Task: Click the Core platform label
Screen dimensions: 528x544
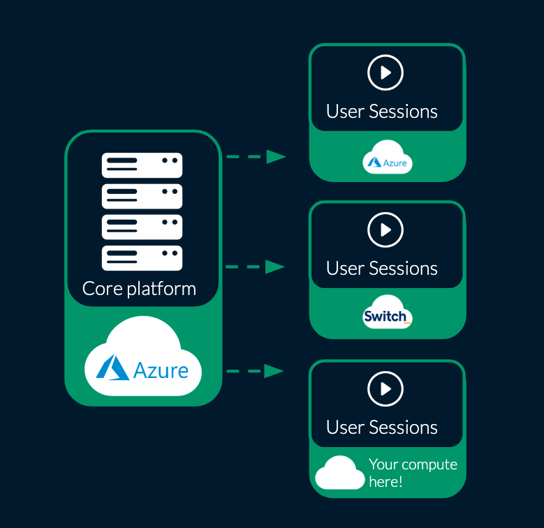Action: coord(139,288)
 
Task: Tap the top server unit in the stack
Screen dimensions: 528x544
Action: coord(142,165)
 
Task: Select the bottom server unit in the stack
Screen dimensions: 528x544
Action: coord(142,258)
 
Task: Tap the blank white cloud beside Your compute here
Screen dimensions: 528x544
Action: coord(340,474)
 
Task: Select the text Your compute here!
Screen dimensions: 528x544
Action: coord(413,473)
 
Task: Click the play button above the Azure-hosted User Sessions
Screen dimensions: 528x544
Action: coord(385,73)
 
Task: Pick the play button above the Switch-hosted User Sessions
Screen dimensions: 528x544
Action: coord(385,229)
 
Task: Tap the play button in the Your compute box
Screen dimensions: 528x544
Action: coord(385,389)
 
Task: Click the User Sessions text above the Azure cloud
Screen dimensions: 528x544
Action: coord(382,112)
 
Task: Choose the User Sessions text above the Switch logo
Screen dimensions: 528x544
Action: coord(382,269)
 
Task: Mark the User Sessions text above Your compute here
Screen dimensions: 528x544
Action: coord(382,428)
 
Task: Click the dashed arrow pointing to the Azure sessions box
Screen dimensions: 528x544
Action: coord(256,157)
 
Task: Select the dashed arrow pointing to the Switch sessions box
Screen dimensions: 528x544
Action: coord(256,266)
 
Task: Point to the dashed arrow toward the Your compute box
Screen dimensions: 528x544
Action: coord(256,371)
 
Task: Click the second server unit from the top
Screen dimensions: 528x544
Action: coord(142,196)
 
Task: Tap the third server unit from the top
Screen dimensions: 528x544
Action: coord(142,227)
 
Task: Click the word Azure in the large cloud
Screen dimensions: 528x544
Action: coord(161,370)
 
